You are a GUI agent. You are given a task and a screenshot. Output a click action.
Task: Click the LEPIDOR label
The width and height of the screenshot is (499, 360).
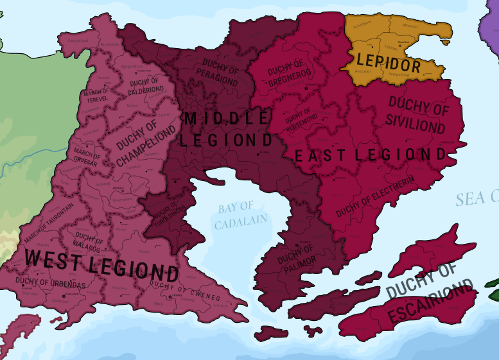389,65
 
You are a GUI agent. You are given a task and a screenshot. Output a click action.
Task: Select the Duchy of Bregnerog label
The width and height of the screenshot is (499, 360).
287,76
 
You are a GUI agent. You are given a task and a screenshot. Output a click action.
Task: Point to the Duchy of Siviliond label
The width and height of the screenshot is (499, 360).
417,116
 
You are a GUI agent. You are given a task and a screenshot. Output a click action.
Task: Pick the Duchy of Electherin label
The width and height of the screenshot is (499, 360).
375,195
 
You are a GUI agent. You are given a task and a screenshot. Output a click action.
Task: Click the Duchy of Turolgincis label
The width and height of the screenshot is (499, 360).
165,216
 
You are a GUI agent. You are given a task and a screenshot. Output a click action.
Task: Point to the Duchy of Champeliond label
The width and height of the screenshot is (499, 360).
146,142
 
